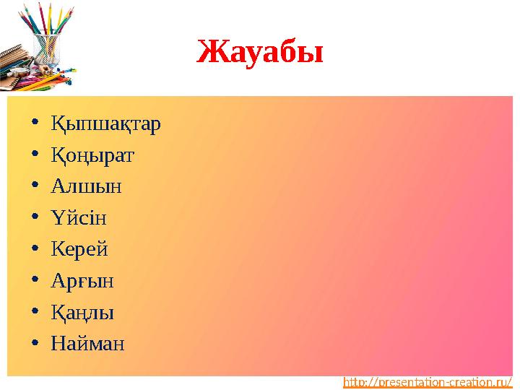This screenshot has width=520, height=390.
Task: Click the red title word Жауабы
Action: pyautogui.click(x=261, y=51)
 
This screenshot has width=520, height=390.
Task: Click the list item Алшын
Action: pyautogui.click(x=86, y=186)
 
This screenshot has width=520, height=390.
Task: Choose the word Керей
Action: pyautogui.click(x=79, y=249)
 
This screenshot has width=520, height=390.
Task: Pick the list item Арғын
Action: pyautogui.click(x=82, y=280)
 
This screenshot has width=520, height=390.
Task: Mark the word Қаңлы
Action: pyautogui.click(x=82, y=312)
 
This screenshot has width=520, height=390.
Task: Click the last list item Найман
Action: pyautogui.click(x=87, y=343)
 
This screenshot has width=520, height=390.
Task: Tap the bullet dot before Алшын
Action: pyautogui.click(x=36, y=187)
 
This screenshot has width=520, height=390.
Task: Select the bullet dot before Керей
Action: pyautogui.click(x=36, y=250)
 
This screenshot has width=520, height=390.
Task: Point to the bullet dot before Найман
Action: pyautogui.click(x=36, y=344)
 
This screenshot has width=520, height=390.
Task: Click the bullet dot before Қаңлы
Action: pyautogui.click(x=36, y=313)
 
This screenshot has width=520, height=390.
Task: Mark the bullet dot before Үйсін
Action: pyautogui.click(x=36, y=218)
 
